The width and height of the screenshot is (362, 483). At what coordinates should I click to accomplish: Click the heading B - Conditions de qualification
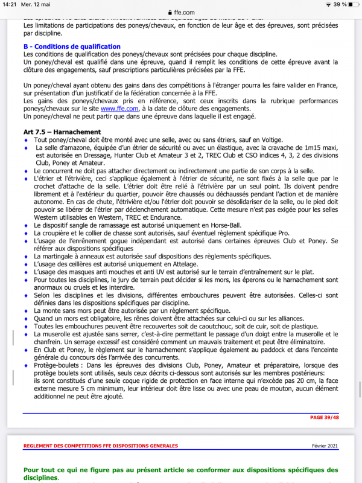(72, 46)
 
